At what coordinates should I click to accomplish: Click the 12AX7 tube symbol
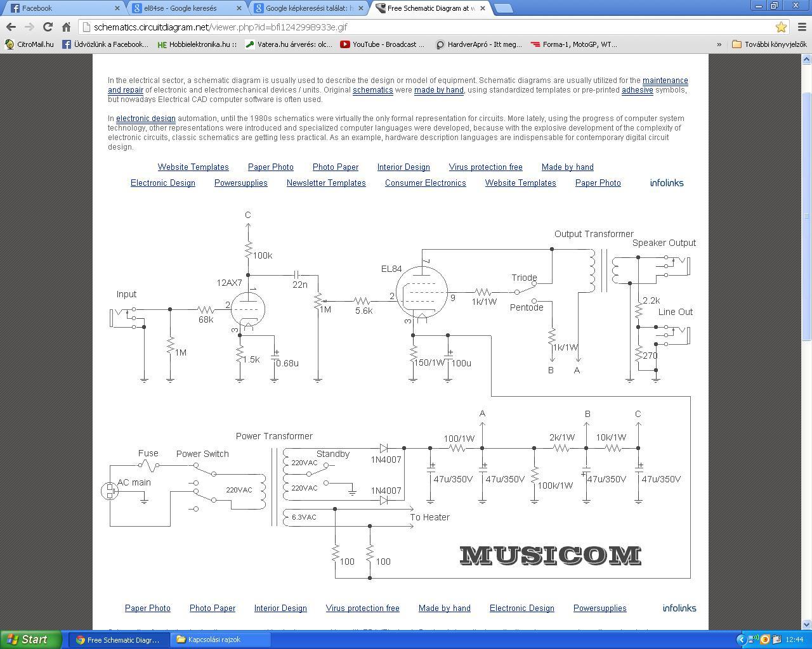coord(247,309)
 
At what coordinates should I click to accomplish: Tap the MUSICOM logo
coord(550,555)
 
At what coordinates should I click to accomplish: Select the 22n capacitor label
coord(300,285)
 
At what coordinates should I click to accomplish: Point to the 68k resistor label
coord(206,319)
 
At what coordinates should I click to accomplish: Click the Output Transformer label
coord(594,234)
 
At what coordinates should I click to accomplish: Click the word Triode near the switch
coord(524,278)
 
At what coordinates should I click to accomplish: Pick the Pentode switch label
coord(527,307)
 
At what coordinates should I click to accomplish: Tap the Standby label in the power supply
coord(333,454)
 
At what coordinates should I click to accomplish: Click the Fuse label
coord(148,453)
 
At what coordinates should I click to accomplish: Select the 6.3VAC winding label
coord(304,517)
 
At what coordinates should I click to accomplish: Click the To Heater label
coord(429,517)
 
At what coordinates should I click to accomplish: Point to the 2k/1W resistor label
coord(562,437)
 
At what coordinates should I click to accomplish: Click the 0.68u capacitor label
coord(287,363)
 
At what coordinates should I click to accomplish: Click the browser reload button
coord(48,27)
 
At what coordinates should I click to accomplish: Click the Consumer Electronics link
coord(425,183)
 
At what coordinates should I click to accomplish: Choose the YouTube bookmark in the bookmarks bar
coord(383,44)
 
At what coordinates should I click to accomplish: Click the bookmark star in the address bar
coord(781,27)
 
